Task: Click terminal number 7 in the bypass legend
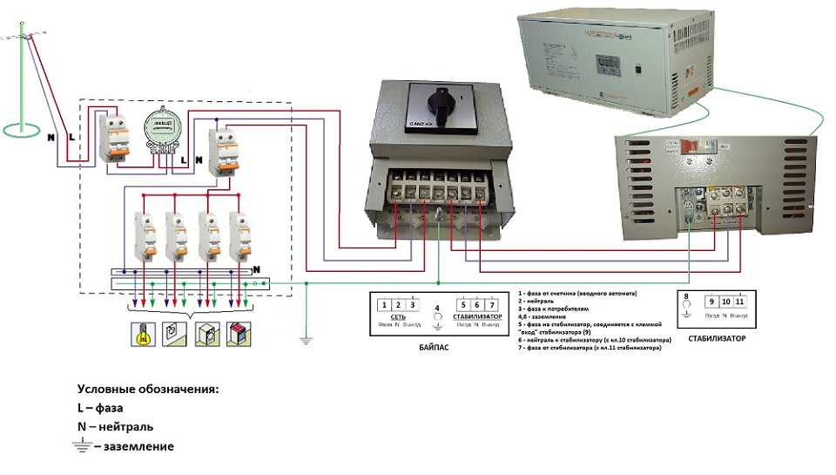click(x=494, y=305)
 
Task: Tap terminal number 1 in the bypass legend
click(x=384, y=305)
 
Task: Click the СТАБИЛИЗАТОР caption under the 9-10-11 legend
click(x=716, y=338)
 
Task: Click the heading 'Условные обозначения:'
click(x=147, y=389)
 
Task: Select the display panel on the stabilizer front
click(x=603, y=65)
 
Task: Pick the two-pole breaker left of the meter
click(x=111, y=136)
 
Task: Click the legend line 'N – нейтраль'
click(x=115, y=427)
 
